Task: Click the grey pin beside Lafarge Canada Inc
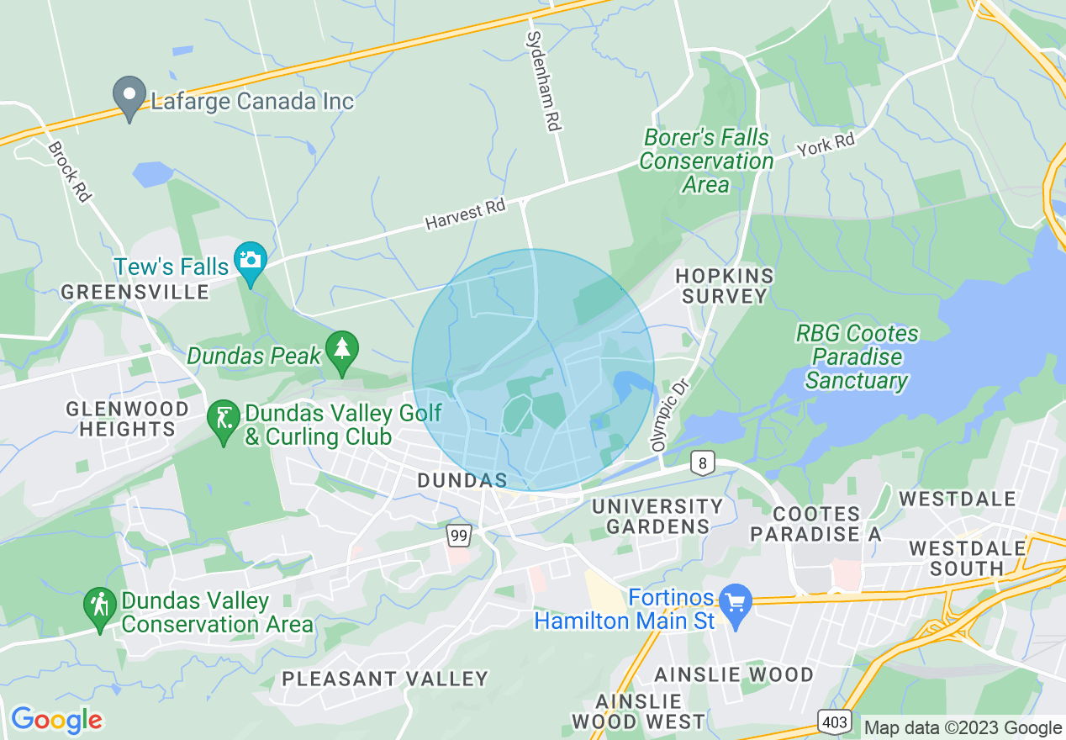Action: click(x=129, y=98)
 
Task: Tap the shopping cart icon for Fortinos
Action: click(x=736, y=604)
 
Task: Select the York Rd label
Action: click(x=826, y=145)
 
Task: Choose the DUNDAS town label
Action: click(x=462, y=480)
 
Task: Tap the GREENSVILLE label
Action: click(x=135, y=292)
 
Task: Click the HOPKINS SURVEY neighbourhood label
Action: click(x=724, y=286)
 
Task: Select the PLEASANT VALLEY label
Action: click(x=384, y=679)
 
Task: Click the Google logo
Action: click(x=55, y=720)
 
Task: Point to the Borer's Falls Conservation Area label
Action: click(x=706, y=161)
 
